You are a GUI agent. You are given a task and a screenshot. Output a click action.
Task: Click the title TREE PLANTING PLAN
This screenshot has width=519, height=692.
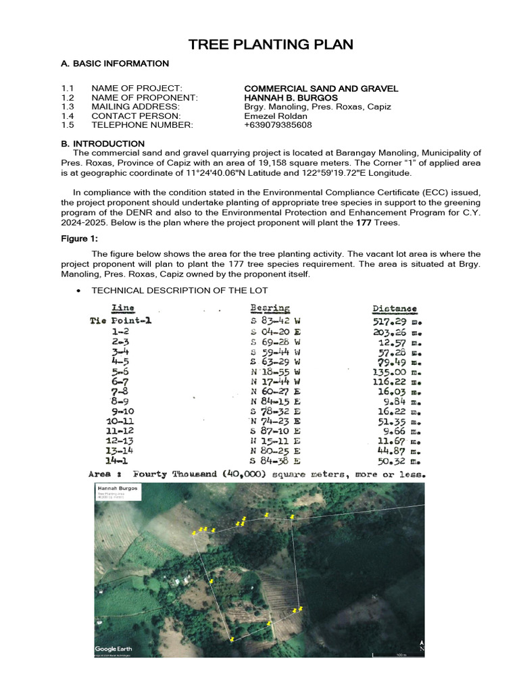coord(270,45)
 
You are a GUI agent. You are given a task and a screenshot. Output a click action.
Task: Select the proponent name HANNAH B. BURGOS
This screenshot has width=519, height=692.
coord(291,98)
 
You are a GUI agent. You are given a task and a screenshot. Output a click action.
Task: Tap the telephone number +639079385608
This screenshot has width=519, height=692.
coord(278,125)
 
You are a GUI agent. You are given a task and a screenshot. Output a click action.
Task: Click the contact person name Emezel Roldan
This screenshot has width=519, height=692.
coord(275,116)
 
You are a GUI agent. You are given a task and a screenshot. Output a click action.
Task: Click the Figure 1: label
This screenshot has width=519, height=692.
coord(80,239)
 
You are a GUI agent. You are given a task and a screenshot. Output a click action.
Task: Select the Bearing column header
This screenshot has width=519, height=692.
coord(270,308)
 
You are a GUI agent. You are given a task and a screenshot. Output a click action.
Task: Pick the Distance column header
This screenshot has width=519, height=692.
coord(395,309)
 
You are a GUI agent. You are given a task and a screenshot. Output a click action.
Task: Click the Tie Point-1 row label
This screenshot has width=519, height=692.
coord(121,320)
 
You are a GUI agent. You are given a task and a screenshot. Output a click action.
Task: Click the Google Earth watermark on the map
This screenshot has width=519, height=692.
coord(114,649)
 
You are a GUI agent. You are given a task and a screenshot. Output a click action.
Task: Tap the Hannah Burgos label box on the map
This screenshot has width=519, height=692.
coord(117,491)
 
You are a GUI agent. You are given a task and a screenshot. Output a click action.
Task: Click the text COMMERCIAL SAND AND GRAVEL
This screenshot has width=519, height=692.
coord(321,89)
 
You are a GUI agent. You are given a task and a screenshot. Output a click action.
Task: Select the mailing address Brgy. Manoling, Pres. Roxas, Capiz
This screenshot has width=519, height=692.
coord(317,107)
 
